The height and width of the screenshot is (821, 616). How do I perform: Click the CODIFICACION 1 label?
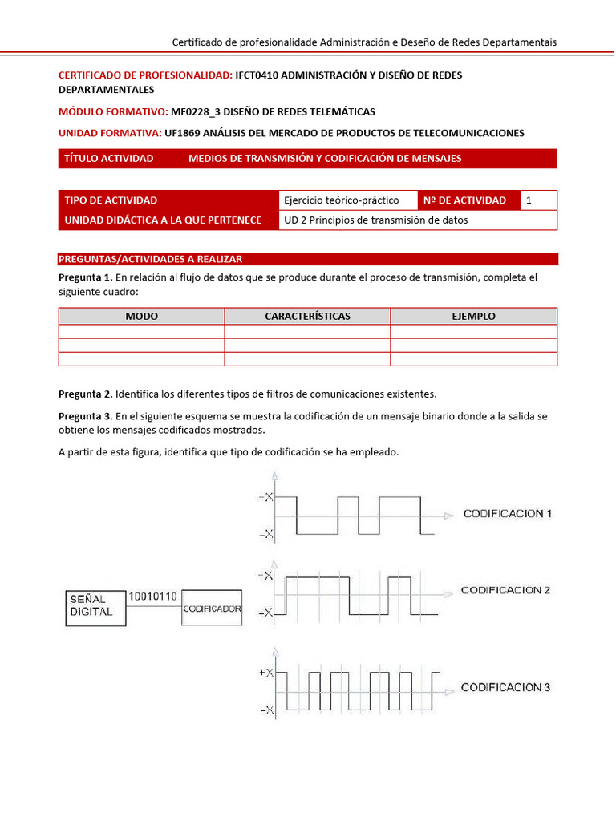click(508, 514)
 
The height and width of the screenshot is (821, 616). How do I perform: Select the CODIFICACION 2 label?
click(505, 591)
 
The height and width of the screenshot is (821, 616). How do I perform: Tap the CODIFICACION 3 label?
click(505, 688)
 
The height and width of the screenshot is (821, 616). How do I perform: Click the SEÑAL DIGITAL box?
click(93, 605)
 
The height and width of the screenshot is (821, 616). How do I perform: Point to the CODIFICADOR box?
click(212, 609)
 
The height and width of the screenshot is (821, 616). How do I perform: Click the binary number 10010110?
click(154, 596)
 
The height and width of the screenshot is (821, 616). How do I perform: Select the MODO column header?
click(141, 316)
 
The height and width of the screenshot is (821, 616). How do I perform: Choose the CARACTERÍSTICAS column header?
click(307, 316)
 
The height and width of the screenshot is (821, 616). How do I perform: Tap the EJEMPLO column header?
click(473, 316)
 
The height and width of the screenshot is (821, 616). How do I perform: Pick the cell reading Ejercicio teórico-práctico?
click(342, 200)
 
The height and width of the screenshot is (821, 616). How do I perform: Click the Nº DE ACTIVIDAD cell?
click(468, 200)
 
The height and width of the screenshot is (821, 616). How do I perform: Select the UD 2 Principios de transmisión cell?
click(376, 220)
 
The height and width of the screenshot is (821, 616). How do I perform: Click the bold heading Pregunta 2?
click(85, 394)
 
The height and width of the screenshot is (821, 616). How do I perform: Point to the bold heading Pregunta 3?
click(85, 416)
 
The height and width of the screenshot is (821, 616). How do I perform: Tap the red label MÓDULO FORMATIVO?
click(113, 111)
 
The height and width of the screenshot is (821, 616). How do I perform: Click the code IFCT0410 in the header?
click(261, 75)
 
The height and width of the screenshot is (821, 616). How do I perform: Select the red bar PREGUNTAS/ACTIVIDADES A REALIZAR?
click(151, 259)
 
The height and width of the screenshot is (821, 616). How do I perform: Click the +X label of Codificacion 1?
click(265, 497)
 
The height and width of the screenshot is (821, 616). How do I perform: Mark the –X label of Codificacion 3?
click(265, 710)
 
